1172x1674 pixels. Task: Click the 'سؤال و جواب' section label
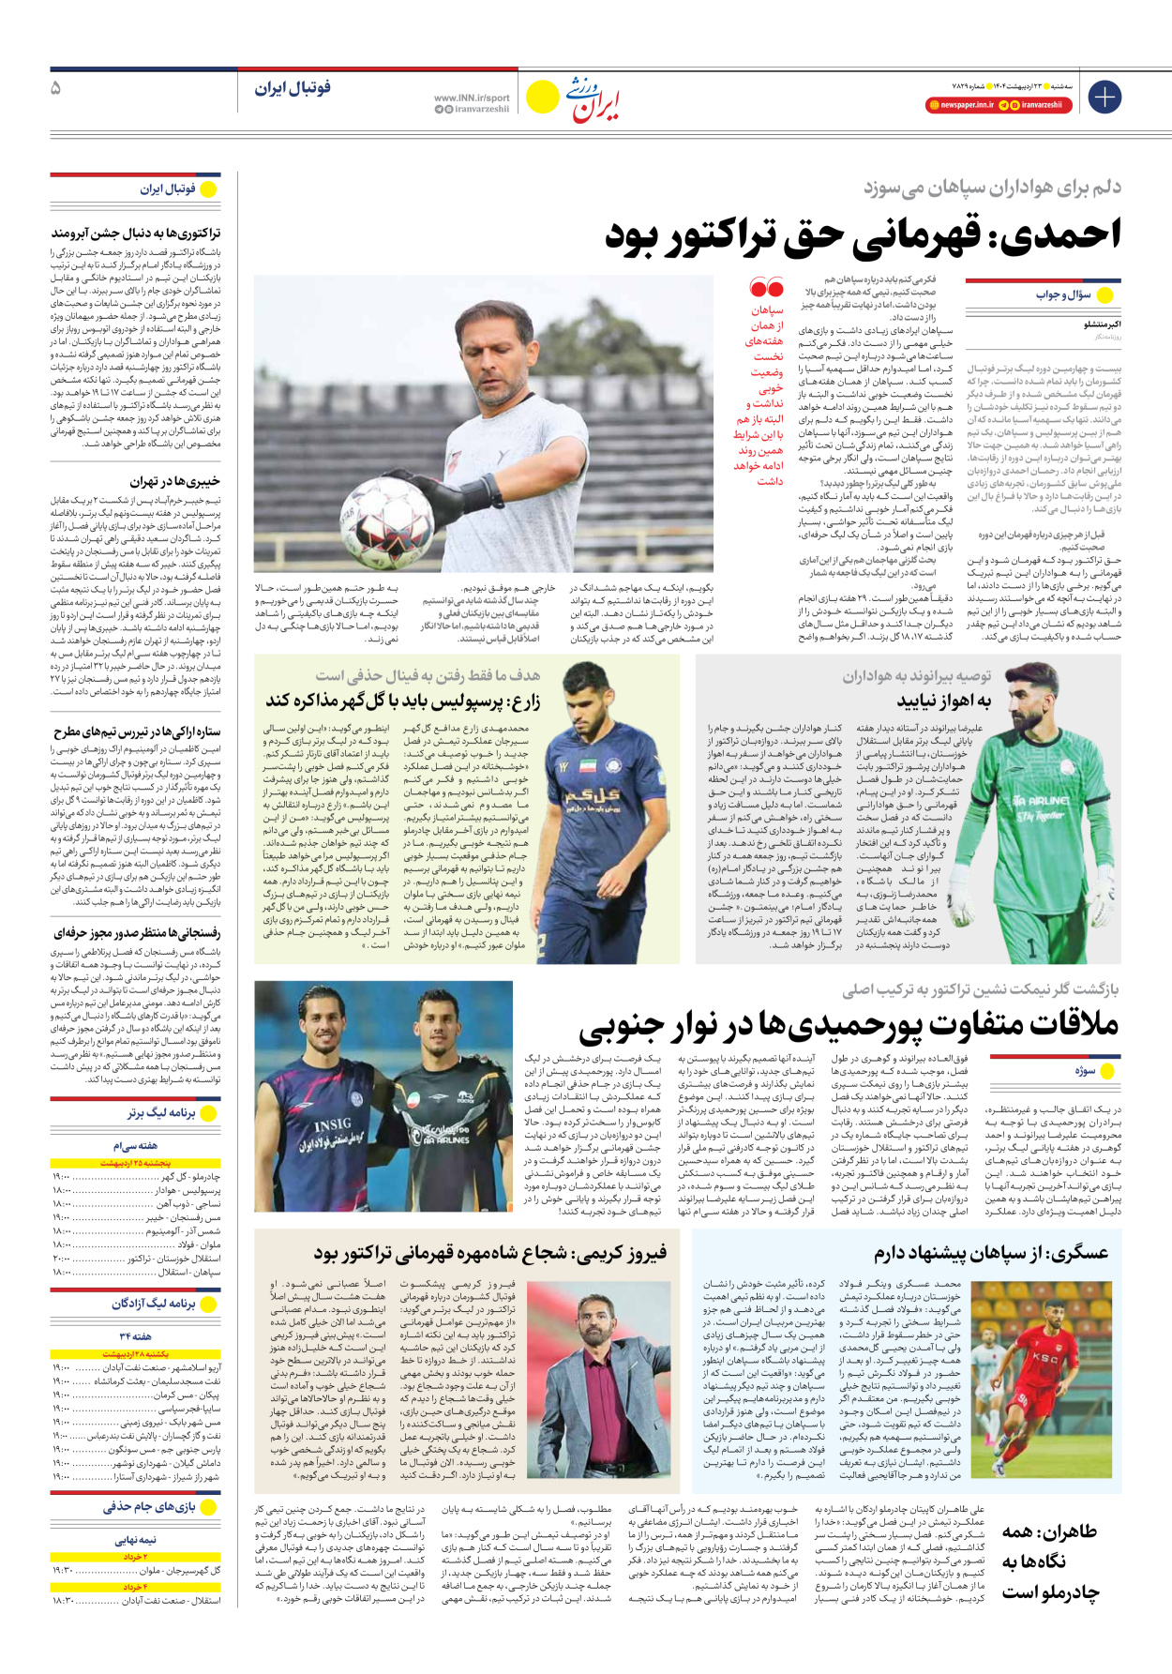coord(1063,294)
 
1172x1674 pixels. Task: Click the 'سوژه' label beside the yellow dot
coord(1085,1070)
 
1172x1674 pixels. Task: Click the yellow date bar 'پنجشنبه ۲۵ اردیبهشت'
coord(136,1164)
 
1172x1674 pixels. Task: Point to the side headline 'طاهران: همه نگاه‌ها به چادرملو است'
coord(1048,1561)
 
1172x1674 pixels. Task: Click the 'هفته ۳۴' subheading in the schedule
coord(136,1335)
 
